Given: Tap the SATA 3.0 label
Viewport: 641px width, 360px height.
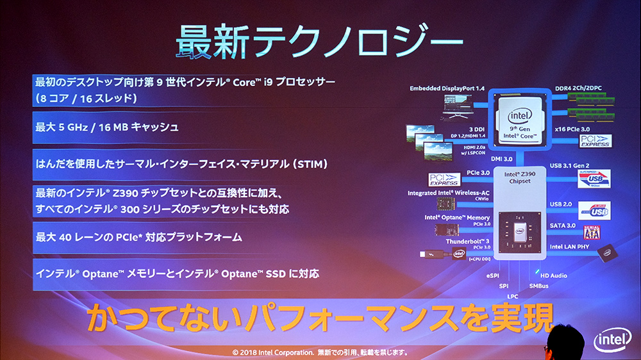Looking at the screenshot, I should coord(563,225).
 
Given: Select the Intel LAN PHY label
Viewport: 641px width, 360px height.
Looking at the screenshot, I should coord(569,245).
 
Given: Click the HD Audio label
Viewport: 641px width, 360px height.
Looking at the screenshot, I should coord(553,275).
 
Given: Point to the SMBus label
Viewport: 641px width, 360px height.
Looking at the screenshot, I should coord(538,286).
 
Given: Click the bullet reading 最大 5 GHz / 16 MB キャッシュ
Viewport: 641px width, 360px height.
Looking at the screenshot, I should coord(107,127).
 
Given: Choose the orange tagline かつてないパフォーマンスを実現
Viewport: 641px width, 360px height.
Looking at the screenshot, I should coord(319,318).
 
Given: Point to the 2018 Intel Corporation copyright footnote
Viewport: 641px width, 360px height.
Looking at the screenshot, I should coord(320,352).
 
